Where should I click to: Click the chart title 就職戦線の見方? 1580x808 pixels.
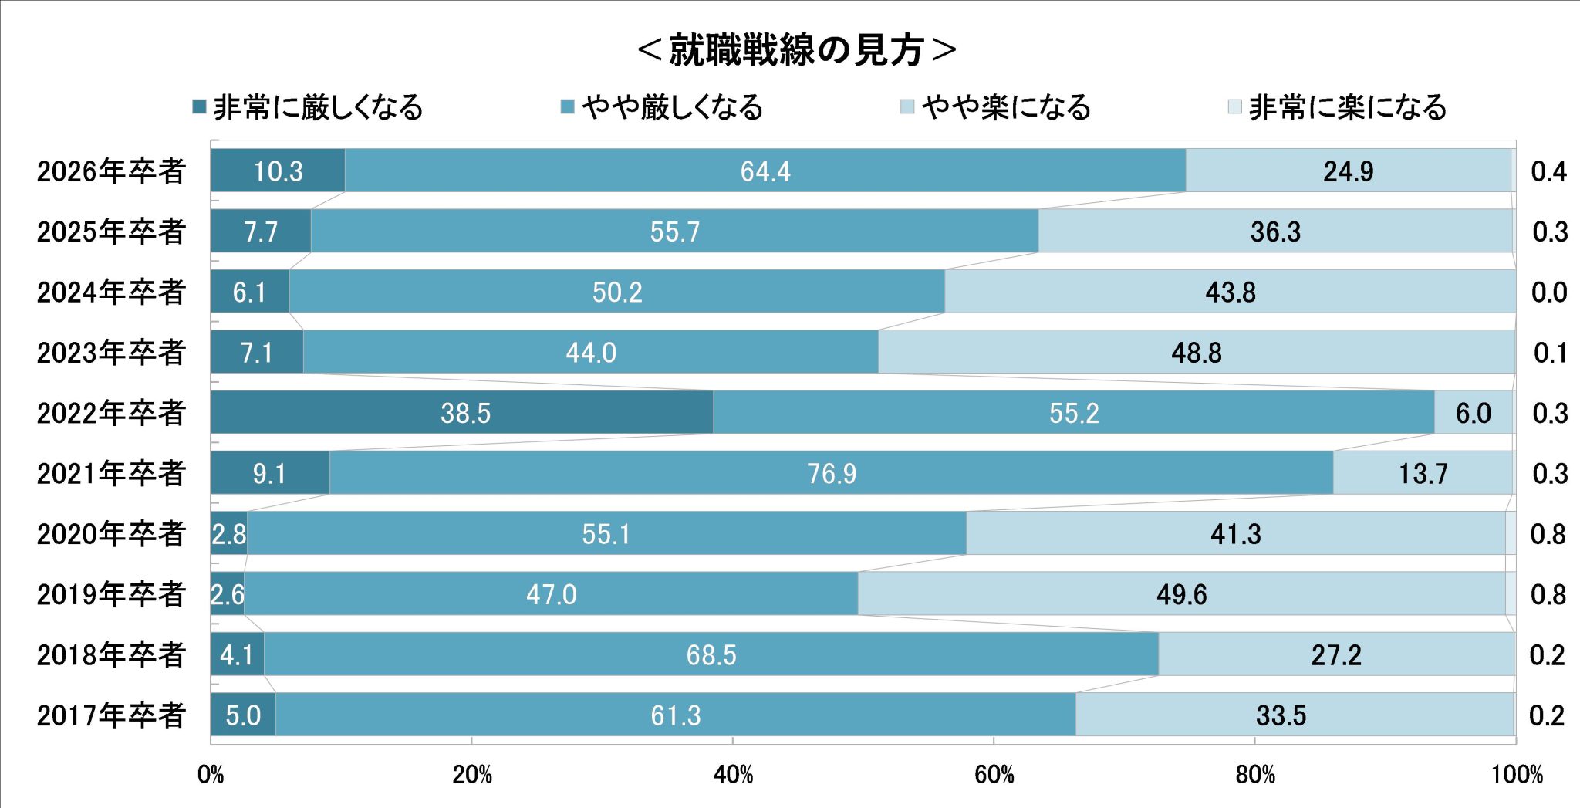[796, 50]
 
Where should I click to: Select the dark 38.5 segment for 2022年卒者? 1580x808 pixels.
[463, 412]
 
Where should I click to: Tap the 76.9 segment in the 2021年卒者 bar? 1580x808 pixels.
[831, 472]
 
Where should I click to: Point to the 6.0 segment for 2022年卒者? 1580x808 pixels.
[1473, 412]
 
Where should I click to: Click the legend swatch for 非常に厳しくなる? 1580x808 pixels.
[199, 106]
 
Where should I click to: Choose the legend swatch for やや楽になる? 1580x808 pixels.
[907, 106]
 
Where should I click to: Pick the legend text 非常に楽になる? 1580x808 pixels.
[1347, 106]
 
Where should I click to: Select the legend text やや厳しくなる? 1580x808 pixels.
[672, 106]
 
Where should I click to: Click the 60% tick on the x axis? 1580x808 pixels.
[994, 774]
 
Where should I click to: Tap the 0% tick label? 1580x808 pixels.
[211, 774]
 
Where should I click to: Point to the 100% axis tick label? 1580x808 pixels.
[1516, 774]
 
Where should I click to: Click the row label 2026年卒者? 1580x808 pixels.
[111, 171]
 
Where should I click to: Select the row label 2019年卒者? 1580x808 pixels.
[111, 593]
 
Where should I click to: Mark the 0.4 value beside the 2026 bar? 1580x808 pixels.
[1548, 171]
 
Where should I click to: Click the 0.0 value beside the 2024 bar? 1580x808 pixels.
[1548, 292]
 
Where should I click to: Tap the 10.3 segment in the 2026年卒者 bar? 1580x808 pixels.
[278, 171]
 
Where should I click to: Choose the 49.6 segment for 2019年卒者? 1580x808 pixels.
[1181, 593]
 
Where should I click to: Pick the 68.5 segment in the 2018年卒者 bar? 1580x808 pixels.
[711, 654]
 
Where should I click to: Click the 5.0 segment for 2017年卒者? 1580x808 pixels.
[243, 715]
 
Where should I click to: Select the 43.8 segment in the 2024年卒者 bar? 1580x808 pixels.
[1230, 292]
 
